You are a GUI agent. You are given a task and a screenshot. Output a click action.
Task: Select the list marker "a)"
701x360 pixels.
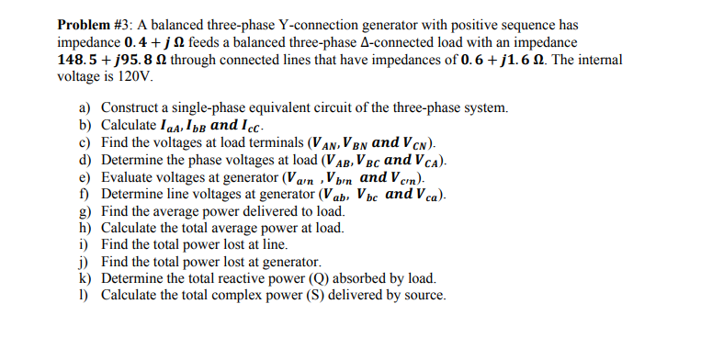pos(85,108)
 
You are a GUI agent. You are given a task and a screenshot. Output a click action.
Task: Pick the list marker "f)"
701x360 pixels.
pos(85,195)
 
